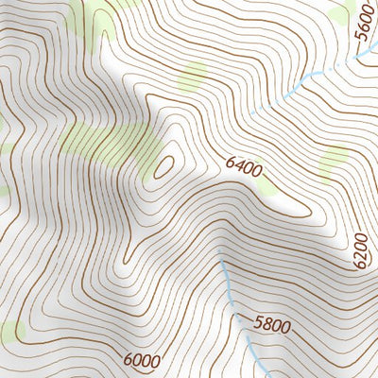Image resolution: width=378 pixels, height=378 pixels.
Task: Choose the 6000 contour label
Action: click(141, 359)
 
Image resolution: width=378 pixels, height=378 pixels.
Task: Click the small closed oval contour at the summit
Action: click(164, 166)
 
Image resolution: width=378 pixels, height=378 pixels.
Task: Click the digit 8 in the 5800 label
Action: click(266, 324)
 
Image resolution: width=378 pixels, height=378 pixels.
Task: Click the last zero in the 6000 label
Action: click(154, 356)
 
